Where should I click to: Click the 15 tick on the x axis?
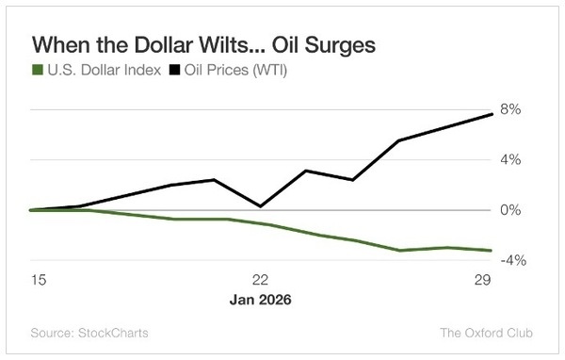38,280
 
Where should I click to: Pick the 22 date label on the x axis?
261,280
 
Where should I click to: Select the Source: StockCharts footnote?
89,333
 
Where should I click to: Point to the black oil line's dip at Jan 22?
260,205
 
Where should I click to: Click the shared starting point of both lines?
32,210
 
